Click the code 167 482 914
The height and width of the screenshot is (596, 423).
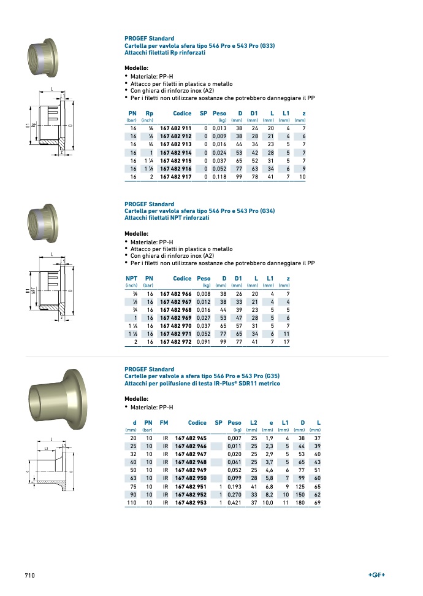(175, 152)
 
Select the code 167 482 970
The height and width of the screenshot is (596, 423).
(175, 326)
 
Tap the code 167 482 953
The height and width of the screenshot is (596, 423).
(191, 503)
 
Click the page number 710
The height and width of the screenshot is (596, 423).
(29, 576)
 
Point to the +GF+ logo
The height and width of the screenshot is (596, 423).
(376, 575)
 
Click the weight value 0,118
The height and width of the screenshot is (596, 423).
(219, 177)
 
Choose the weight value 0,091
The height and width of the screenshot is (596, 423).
(204, 342)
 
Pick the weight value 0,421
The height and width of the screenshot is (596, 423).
(234, 503)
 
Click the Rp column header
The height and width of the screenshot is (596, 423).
(149, 114)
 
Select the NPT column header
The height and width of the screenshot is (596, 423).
(131, 279)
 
